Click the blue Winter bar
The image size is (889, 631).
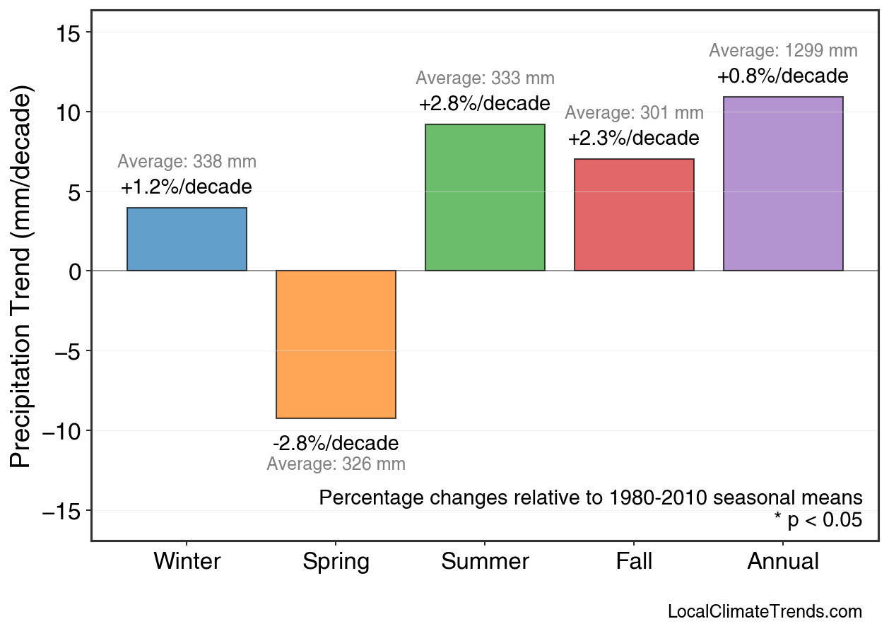187,239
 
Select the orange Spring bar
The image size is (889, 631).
336,344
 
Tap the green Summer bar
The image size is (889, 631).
485,197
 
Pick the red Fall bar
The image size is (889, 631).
634,215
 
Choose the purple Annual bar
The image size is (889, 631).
783,184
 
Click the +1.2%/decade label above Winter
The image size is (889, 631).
187,187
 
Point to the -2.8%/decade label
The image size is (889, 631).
336,444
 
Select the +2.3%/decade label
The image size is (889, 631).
634,138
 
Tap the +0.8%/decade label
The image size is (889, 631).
783,76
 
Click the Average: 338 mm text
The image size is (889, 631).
187,162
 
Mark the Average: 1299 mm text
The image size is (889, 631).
783,51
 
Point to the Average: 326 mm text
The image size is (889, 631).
336,464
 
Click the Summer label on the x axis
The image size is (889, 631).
485,562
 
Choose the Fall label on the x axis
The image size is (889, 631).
634,562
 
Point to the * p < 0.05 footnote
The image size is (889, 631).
818,520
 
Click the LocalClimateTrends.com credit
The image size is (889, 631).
765,612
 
